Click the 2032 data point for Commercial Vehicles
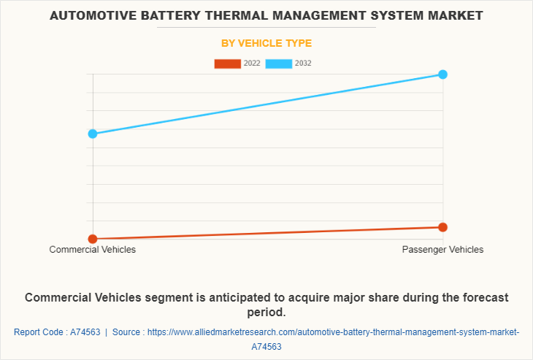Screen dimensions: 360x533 [x=93, y=134]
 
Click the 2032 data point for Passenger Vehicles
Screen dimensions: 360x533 [x=442, y=74]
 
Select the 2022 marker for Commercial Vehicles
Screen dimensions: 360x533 [x=93, y=239]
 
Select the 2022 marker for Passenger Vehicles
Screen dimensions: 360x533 [x=442, y=227]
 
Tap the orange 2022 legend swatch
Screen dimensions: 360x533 [x=227, y=64]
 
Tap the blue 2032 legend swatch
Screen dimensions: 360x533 [x=278, y=64]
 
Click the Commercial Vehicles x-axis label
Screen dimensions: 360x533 [x=93, y=250]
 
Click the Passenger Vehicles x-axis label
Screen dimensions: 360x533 [x=442, y=250]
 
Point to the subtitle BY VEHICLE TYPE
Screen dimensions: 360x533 [x=266, y=43]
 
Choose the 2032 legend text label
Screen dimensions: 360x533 [x=303, y=64]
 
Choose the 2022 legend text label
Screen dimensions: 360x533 [x=252, y=64]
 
